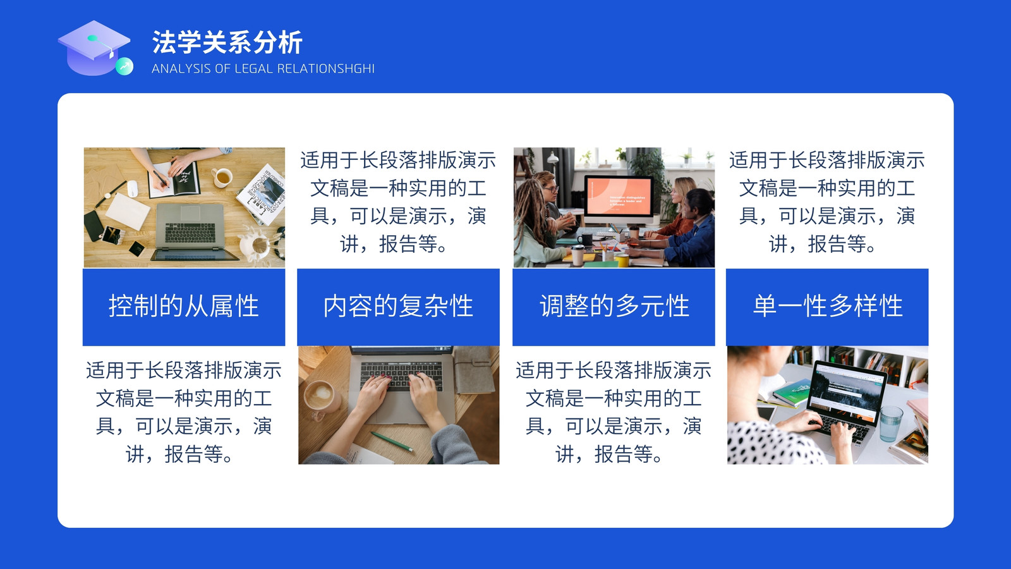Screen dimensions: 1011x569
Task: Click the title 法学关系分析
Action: click(x=227, y=42)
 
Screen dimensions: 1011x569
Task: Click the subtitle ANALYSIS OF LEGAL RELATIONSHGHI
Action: click(x=263, y=69)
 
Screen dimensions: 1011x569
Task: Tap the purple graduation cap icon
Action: click(x=94, y=47)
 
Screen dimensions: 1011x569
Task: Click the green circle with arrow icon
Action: click(x=124, y=66)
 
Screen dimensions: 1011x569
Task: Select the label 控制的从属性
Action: click(x=184, y=306)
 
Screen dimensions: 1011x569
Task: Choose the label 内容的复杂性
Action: click(x=398, y=306)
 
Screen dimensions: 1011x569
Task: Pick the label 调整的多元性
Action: click(x=614, y=306)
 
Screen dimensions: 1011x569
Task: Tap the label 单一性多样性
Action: click(x=828, y=306)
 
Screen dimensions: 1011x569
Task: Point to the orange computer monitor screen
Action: click(x=619, y=195)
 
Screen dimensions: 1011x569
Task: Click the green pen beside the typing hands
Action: click(x=392, y=441)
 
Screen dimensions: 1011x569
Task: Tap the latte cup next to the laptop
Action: click(x=321, y=396)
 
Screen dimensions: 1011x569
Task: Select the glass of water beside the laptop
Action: click(x=890, y=423)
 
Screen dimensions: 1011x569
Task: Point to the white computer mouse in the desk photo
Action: click(x=132, y=188)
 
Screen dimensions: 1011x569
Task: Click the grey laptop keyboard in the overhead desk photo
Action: click(x=190, y=232)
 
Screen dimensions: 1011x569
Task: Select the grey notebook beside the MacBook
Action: click(x=475, y=370)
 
